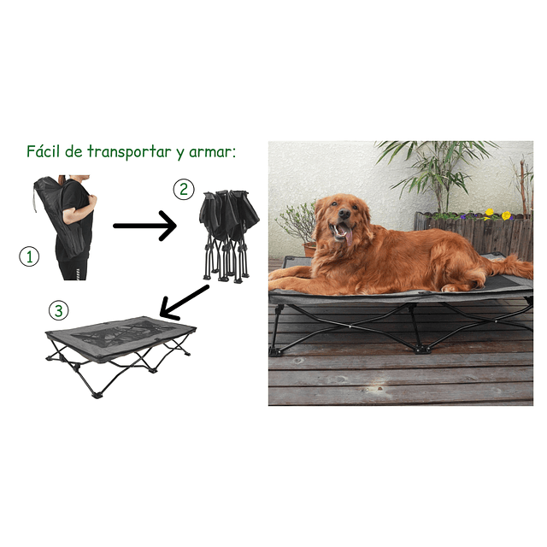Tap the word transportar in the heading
pyautogui.click(x=131, y=153)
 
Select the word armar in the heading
pyautogui.click(x=212, y=152)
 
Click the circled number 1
pyautogui.click(x=29, y=256)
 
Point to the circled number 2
pyautogui.click(x=183, y=191)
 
